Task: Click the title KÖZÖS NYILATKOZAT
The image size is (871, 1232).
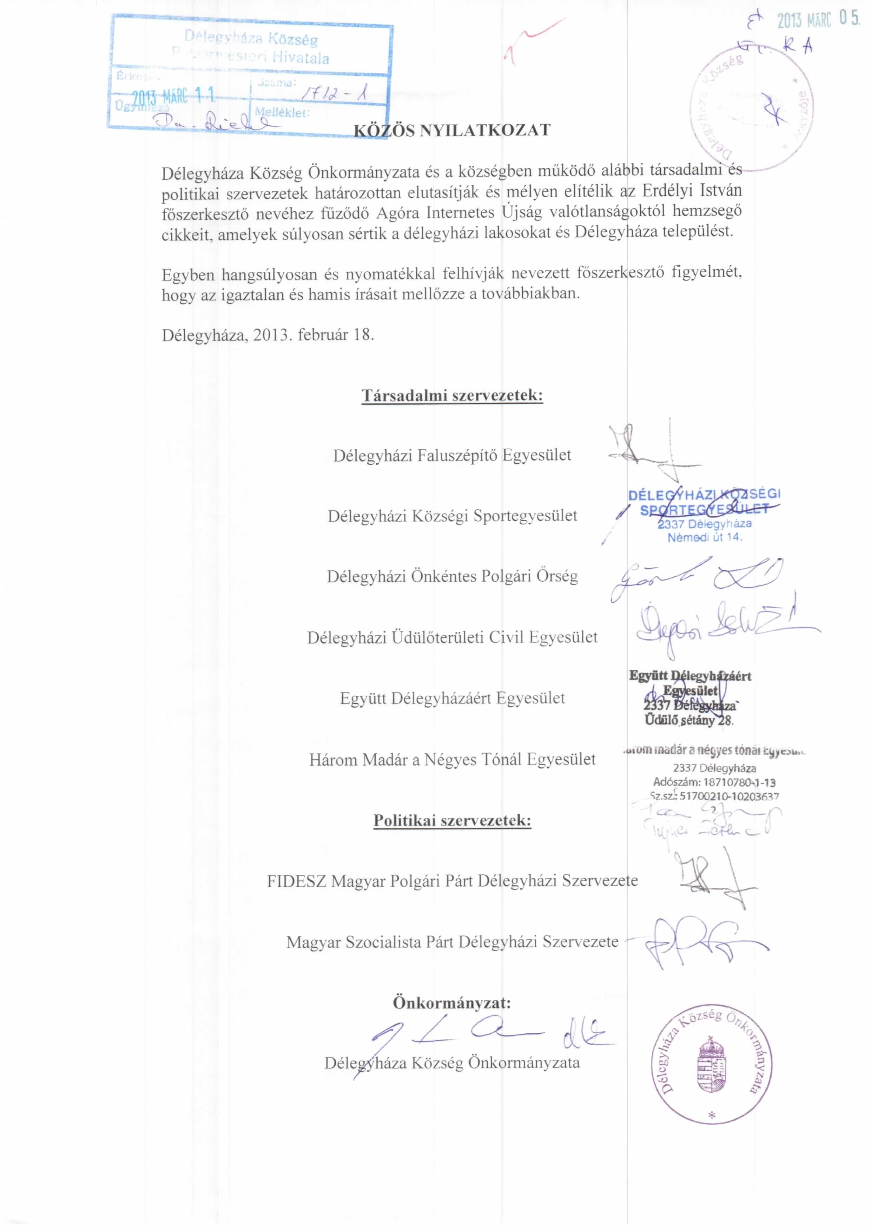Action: (x=452, y=130)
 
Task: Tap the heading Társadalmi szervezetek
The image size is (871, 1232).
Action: (x=452, y=396)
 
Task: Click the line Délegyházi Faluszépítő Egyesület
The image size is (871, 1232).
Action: (x=452, y=455)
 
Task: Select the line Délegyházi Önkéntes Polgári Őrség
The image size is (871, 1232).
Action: (x=452, y=576)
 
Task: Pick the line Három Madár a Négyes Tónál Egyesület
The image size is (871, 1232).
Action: (x=452, y=759)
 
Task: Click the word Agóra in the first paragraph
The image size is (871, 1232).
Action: (x=397, y=213)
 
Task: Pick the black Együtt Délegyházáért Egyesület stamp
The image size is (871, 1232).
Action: (x=689, y=697)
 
